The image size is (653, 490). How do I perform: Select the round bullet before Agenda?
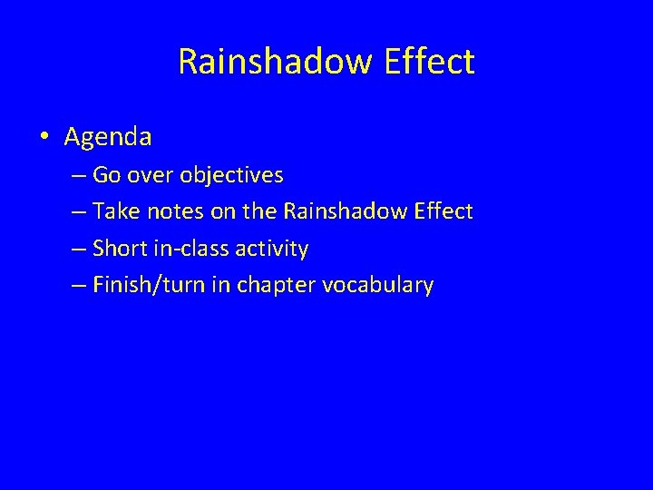44,138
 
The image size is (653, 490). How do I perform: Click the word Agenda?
108,138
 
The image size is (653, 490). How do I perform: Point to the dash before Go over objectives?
74,175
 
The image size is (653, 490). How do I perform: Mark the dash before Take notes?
74,211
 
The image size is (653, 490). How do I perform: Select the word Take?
111,211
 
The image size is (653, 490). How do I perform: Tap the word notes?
161,211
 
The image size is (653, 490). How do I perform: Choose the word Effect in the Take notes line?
441,211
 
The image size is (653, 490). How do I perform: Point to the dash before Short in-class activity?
74,248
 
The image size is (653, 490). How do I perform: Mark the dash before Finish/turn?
74,285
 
